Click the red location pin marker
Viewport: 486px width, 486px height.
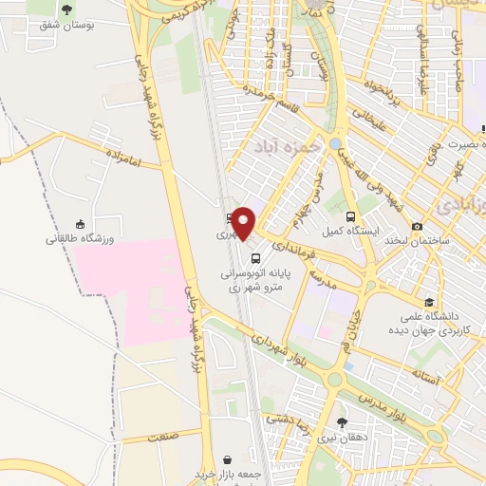[245, 224]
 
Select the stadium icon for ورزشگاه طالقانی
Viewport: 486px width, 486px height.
[80, 223]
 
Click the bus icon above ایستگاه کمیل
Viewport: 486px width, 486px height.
[352, 215]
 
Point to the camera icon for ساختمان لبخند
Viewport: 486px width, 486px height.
[418, 226]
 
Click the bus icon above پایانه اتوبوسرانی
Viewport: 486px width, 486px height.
[254, 257]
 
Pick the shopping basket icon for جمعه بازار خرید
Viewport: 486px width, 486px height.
[227, 459]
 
